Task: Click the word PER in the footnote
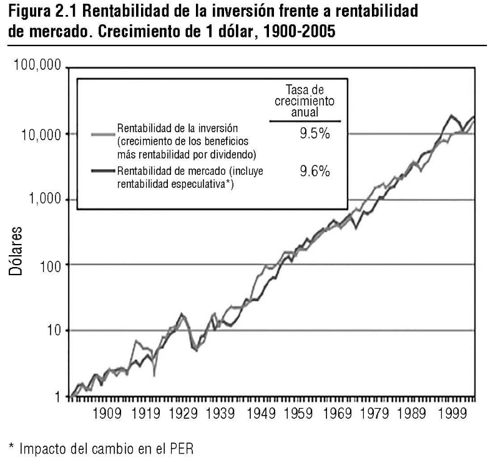[189, 449]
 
